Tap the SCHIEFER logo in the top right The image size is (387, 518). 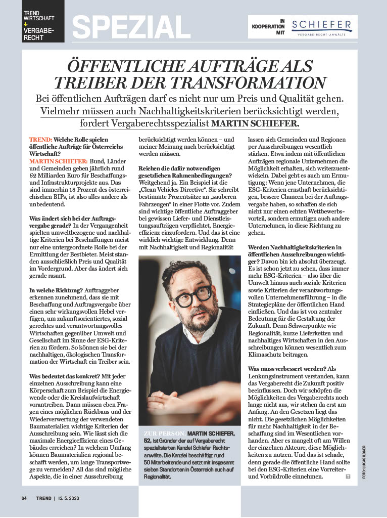click(314, 26)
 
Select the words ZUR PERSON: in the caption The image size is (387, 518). click(163, 434)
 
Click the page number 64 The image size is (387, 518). click(24, 498)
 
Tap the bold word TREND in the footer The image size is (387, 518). click(43, 498)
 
